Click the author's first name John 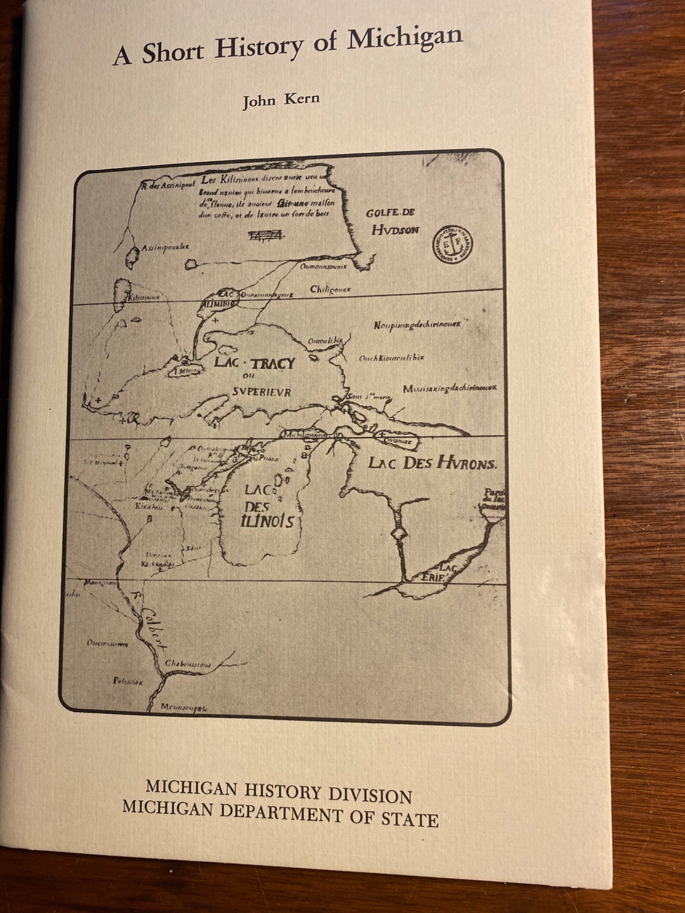click(x=259, y=101)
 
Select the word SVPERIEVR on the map click(x=261, y=392)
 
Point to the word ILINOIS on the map click(x=268, y=521)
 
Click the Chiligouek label click(x=330, y=289)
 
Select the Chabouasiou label click(x=188, y=663)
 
